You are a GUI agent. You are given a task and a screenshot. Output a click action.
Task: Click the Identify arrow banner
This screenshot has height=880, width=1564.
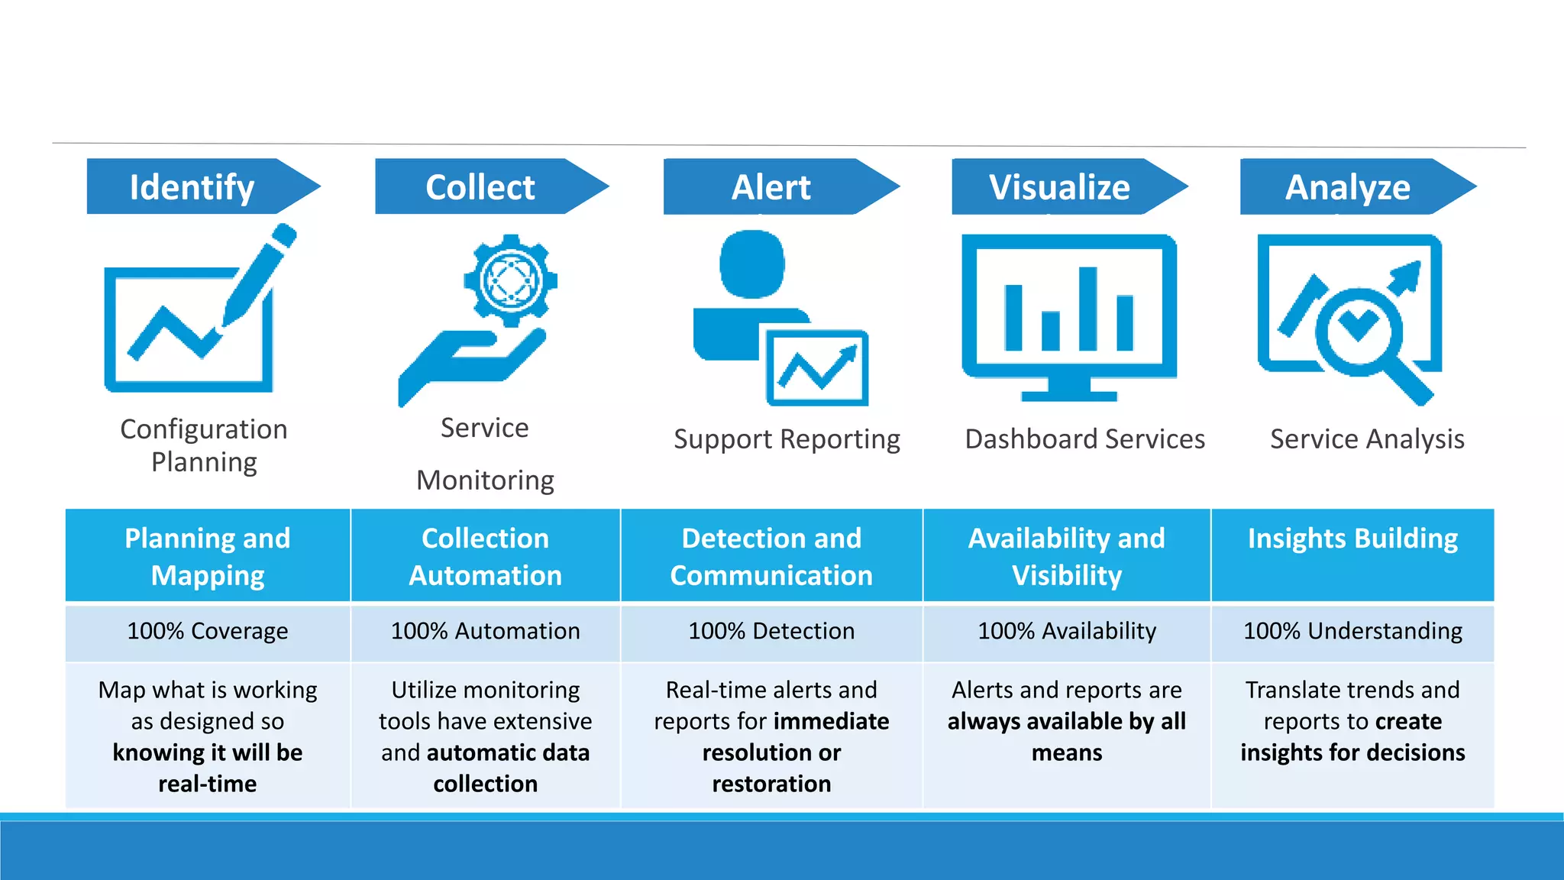(x=195, y=186)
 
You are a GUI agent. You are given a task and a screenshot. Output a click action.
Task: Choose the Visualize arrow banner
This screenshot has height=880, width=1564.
(x=1061, y=186)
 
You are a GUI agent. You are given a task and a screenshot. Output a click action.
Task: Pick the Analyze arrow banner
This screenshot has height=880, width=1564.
(x=1349, y=186)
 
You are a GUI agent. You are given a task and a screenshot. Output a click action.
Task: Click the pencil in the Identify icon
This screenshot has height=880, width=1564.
(x=260, y=275)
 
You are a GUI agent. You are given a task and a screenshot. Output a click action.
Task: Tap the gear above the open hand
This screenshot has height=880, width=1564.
(x=510, y=280)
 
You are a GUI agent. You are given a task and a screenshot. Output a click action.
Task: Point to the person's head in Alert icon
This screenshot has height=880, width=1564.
(x=752, y=264)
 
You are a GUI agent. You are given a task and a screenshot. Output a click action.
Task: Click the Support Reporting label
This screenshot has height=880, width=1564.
(x=787, y=439)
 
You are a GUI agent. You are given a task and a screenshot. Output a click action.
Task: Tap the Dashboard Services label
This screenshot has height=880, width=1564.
(x=1084, y=439)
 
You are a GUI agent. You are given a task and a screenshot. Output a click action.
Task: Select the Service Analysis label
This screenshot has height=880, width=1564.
(x=1367, y=439)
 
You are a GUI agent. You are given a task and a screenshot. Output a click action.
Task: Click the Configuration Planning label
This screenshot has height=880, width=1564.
(x=204, y=445)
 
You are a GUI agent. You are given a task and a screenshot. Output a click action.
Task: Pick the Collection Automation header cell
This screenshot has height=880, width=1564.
(x=485, y=556)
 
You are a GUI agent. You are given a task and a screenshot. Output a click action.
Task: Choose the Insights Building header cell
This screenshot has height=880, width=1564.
(x=1352, y=539)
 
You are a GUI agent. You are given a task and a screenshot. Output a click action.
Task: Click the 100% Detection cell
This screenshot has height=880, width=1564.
(x=771, y=631)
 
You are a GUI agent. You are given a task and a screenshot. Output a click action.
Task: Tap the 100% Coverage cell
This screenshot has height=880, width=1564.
(x=208, y=631)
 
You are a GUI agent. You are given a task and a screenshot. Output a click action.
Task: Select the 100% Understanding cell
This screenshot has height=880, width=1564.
(x=1352, y=631)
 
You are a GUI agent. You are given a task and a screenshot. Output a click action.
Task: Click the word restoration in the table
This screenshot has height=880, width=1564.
(x=771, y=784)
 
